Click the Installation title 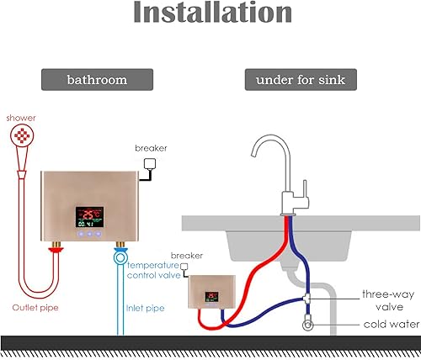point(210,15)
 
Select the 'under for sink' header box point(298,80)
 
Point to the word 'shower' point(20,118)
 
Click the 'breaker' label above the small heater point(187,255)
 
